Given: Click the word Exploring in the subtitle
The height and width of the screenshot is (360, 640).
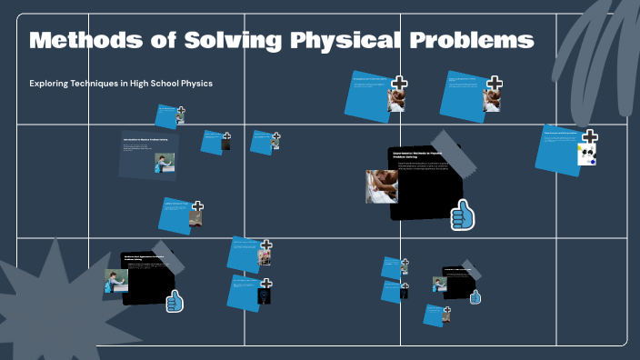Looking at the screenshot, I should tap(54, 84).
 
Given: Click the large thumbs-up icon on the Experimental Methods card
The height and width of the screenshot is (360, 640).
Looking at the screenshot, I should tap(463, 215).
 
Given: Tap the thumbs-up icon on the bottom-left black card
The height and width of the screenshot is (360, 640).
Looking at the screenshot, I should tap(175, 301).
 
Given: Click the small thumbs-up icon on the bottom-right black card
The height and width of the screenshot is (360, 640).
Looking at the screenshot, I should tap(475, 296).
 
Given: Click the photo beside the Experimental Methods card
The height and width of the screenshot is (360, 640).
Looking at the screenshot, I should tap(381, 186).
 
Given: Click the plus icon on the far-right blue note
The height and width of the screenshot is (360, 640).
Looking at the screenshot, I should tap(590, 137).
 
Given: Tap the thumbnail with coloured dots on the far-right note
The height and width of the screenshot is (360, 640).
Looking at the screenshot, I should tap(586, 156).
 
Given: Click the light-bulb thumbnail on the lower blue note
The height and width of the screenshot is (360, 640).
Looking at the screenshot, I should tap(265, 295).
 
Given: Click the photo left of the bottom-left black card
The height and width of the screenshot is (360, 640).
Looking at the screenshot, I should tap(115, 281).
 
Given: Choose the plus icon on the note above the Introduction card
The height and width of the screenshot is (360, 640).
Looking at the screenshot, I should tap(181, 111).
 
